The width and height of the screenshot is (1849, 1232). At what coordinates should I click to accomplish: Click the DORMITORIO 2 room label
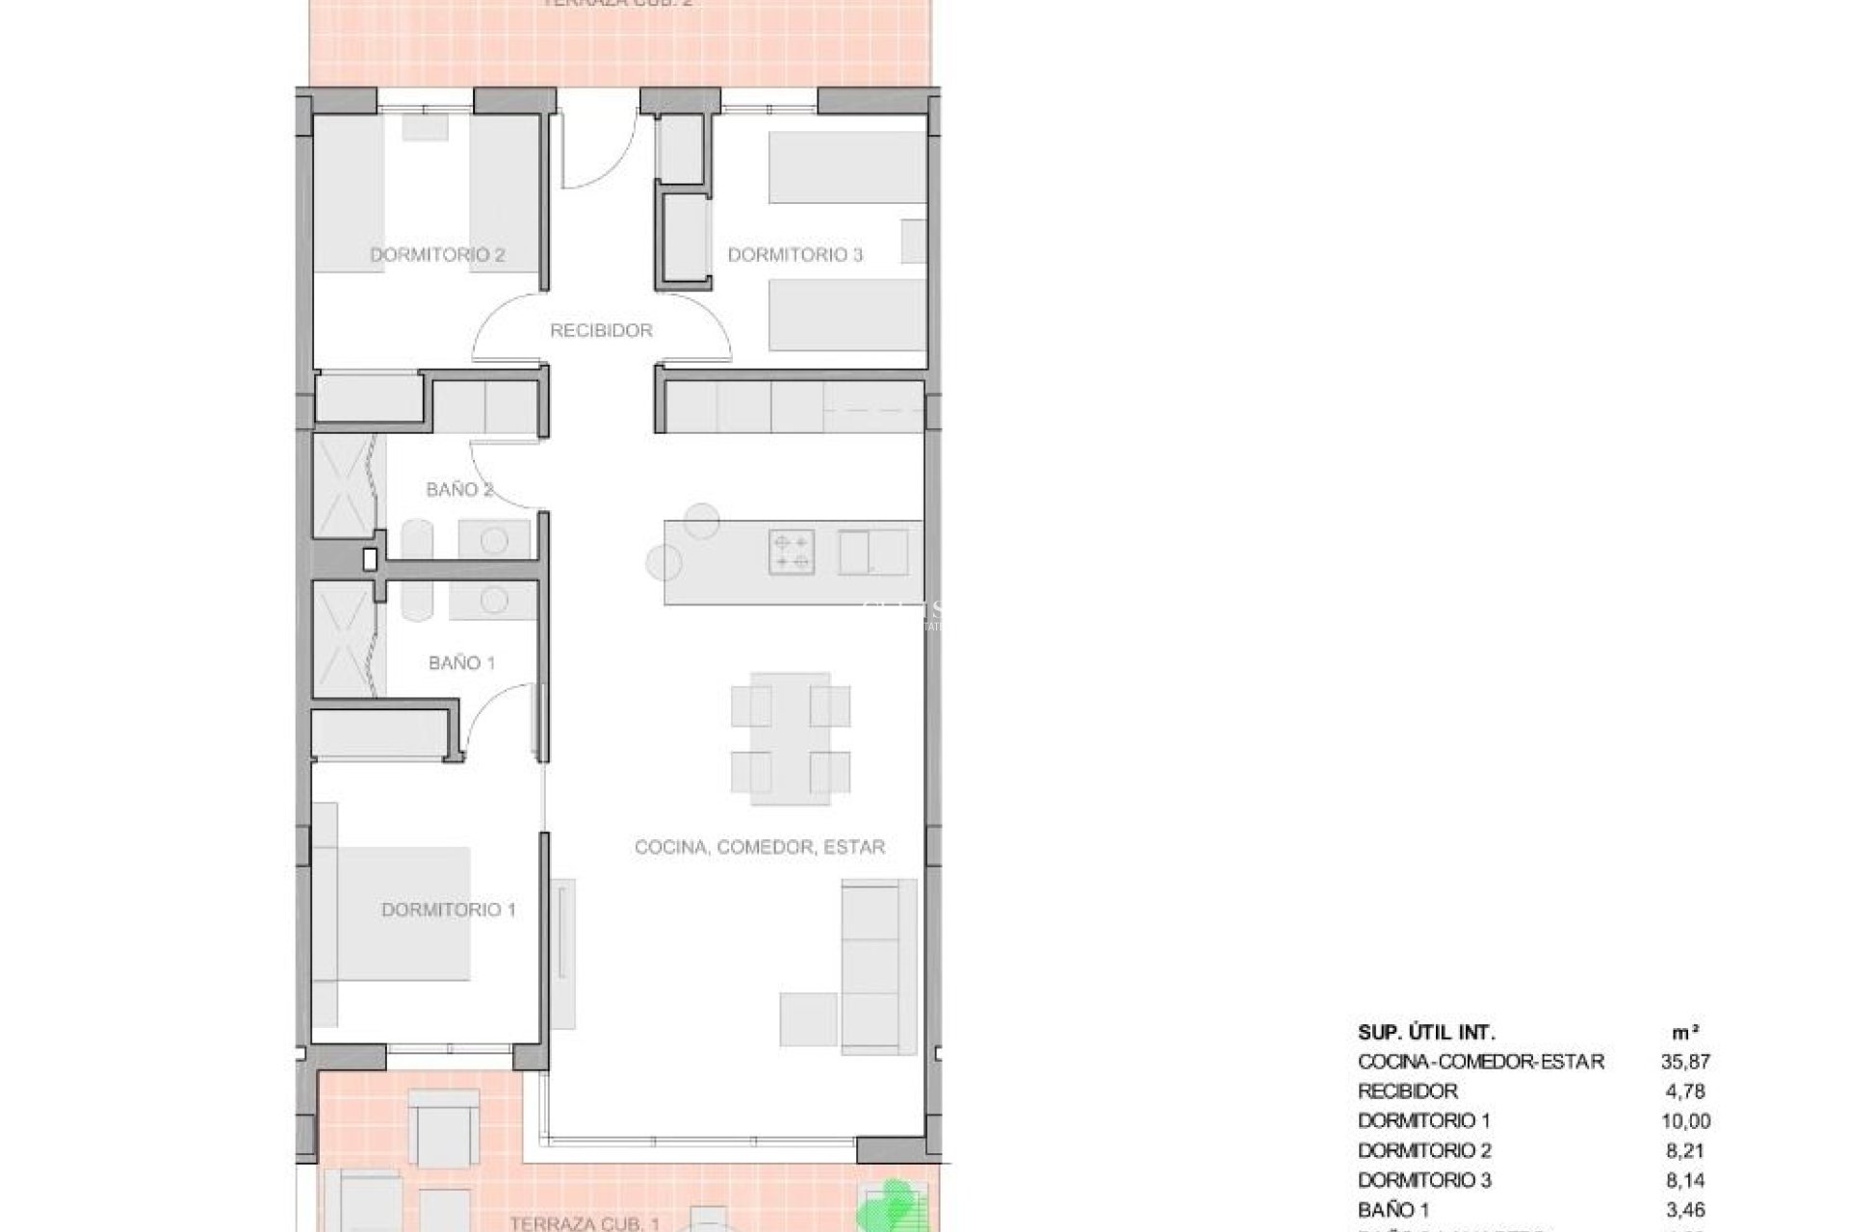tap(437, 255)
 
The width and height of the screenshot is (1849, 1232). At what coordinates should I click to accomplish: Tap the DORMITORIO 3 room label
tap(794, 255)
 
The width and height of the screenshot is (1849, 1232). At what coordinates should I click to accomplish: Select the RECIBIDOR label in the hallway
tap(601, 330)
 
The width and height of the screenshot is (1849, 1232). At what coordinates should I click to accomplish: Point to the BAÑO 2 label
tap(459, 489)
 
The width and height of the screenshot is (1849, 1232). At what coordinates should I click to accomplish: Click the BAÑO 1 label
tap(461, 662)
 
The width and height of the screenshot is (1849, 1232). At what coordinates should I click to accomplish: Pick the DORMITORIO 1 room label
tap(449, 910)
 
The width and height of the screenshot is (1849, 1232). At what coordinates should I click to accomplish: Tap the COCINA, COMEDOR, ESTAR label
tap(760, 847)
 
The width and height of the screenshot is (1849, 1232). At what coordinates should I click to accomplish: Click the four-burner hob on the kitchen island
tap(792, 552)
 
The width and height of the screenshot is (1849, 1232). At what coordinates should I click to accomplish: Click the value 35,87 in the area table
tap(1684, 1062)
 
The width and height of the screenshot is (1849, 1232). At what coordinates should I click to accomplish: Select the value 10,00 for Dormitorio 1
tap(1684, 1121)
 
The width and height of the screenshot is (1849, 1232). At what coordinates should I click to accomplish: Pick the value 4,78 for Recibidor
tap(1684, 1091)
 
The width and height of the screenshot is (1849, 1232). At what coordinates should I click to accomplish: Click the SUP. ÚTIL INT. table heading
tap(1426, 1033)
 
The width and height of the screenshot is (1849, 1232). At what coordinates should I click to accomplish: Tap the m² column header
tap(1684, 1033)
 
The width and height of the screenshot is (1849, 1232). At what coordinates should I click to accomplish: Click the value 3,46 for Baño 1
tap(1684, 1208)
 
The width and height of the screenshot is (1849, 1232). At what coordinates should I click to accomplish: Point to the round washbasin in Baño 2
tap(494, 541)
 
